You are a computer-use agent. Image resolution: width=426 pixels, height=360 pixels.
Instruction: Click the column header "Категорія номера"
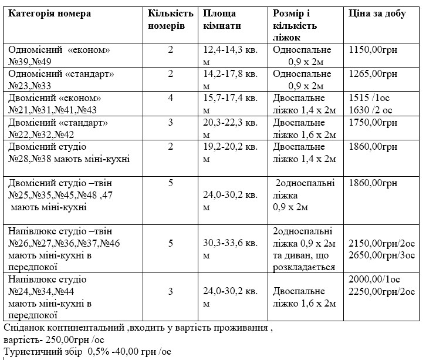coord(49,14)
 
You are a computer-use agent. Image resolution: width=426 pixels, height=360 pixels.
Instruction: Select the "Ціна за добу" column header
coord(377,14)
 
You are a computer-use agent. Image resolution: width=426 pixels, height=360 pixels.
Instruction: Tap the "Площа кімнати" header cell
coord(222,19)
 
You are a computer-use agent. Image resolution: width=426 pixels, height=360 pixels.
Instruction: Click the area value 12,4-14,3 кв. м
coord(230,56)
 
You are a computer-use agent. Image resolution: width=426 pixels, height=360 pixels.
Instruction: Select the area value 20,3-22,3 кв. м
coord(230,129)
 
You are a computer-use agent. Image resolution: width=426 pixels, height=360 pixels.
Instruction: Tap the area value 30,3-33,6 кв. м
coord(230,249)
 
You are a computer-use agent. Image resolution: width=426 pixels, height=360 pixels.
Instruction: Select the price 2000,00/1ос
coord(373,279)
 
